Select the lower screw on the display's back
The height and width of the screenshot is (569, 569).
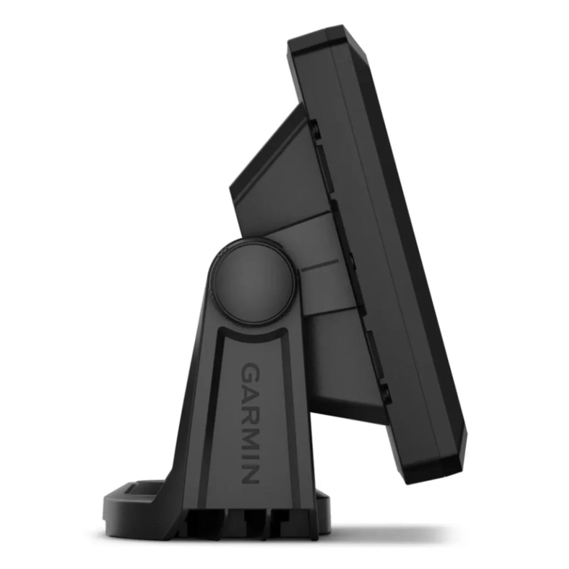385,393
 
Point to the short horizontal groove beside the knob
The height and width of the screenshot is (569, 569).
320,265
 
